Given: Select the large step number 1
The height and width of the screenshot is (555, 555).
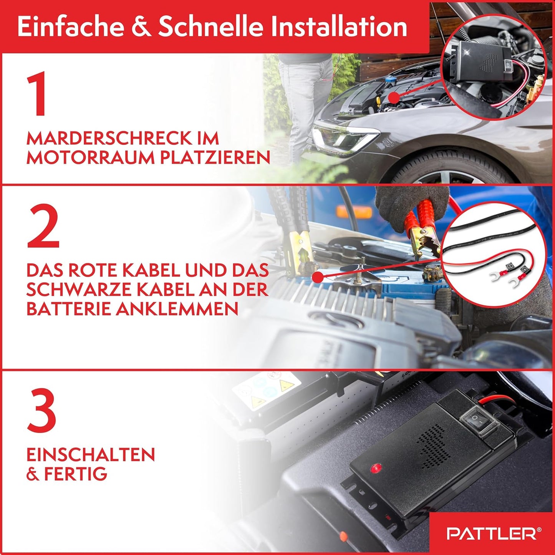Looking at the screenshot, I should coord(38,94).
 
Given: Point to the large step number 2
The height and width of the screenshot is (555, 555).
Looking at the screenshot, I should coord(43,226).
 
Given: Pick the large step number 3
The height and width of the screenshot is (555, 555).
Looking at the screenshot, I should coord(41,411).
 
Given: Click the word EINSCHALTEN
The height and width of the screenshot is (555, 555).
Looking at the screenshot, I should coord(91,455).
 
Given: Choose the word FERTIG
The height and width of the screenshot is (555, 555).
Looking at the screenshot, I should coord(76,474).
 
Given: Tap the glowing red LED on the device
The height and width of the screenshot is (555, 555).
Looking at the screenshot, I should coord(376,468).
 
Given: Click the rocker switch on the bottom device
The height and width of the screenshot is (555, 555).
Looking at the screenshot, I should coord(476,421).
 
